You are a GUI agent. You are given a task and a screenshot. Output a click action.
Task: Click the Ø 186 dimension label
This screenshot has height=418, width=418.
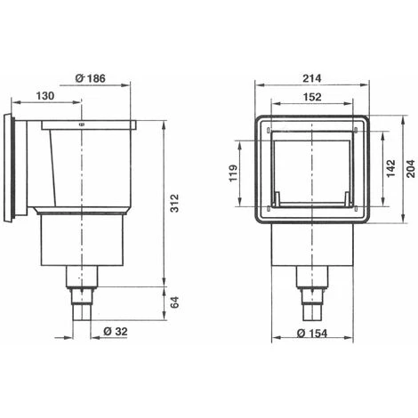pyautogui.click(x=90, y=78)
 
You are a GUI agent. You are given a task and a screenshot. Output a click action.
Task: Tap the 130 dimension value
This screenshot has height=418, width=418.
pyautogui.click(x=45, y=96)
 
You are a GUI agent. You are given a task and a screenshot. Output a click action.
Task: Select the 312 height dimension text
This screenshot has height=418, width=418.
pyautogui.click(x=175, y=203)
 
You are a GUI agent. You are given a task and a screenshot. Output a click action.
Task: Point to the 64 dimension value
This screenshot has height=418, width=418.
pyautogui.click(x=175, y=302)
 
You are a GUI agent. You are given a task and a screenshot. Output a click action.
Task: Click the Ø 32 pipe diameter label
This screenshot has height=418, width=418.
pyautogui.click(x=116, y=331)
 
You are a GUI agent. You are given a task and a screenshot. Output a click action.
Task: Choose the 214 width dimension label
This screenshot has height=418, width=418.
pyautogui.click(x=312, y=78)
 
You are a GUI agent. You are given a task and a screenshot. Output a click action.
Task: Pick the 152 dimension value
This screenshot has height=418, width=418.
pyautogui.click(x=312, y=97)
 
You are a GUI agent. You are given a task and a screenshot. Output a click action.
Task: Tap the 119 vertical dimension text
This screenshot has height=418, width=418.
pyautogui.click(x=233, y=173)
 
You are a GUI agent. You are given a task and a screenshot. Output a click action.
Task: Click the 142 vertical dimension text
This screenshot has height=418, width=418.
pyautogui.click(x=391, y=168)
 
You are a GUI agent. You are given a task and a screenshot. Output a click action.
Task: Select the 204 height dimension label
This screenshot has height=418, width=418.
pyautogui.click(x=411, y=169)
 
